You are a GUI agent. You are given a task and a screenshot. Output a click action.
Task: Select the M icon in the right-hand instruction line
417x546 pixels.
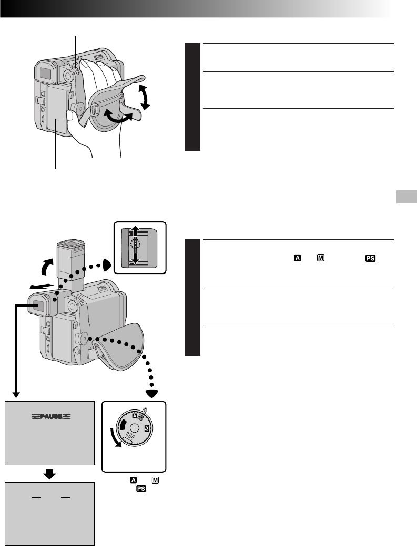(x=321, y=258)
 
